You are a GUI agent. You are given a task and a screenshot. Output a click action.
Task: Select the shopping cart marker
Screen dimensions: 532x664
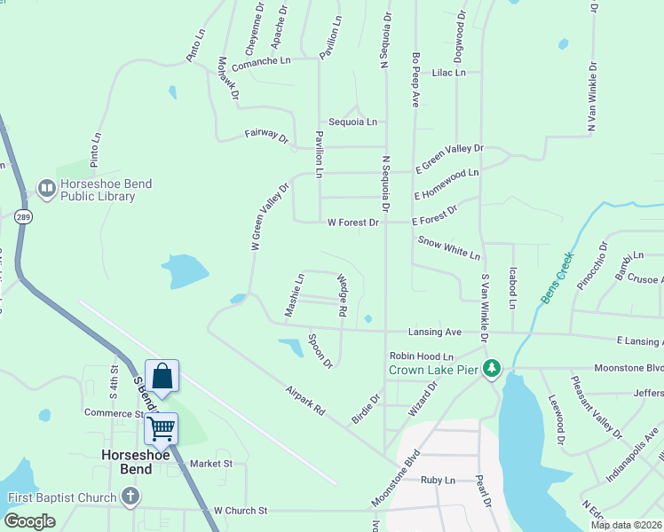[x=162, y=429]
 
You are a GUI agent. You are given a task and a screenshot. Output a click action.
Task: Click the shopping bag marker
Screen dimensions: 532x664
[x=162, y=376]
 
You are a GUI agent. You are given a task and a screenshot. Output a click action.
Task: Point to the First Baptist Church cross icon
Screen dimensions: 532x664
[x=130, y=497]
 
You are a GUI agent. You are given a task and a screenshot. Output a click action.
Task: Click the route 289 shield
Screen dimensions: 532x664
[x=24, y=217]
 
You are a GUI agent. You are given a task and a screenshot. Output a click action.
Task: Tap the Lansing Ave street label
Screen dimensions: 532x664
[x=435, y=332]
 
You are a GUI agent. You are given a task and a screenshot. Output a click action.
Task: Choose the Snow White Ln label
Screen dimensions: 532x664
[x=448, y=246]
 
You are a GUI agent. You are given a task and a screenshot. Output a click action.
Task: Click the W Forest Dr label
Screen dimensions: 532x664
[x=353, y=223]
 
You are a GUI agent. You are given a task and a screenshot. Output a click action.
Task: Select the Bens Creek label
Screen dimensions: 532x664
[x=557, y=280]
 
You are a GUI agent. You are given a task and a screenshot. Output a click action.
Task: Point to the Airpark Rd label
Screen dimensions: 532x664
[x=306, y=401]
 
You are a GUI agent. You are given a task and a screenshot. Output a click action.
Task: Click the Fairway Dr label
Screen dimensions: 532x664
[x=267, y=137]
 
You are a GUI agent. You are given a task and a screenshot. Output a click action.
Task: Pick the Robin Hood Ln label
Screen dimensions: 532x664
[x=422, y=356]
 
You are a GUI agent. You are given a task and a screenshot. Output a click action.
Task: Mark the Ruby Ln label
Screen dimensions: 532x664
[x=438, y=480]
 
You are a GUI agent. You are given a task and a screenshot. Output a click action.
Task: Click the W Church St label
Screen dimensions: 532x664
[x=241, y=511]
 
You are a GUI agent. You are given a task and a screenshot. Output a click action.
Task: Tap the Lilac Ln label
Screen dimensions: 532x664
[x=448, y=73]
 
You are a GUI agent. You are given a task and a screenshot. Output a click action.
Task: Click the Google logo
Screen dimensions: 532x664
[x=29, y=521]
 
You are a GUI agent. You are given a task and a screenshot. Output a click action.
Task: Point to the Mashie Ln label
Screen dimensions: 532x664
[x=294, y=294]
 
